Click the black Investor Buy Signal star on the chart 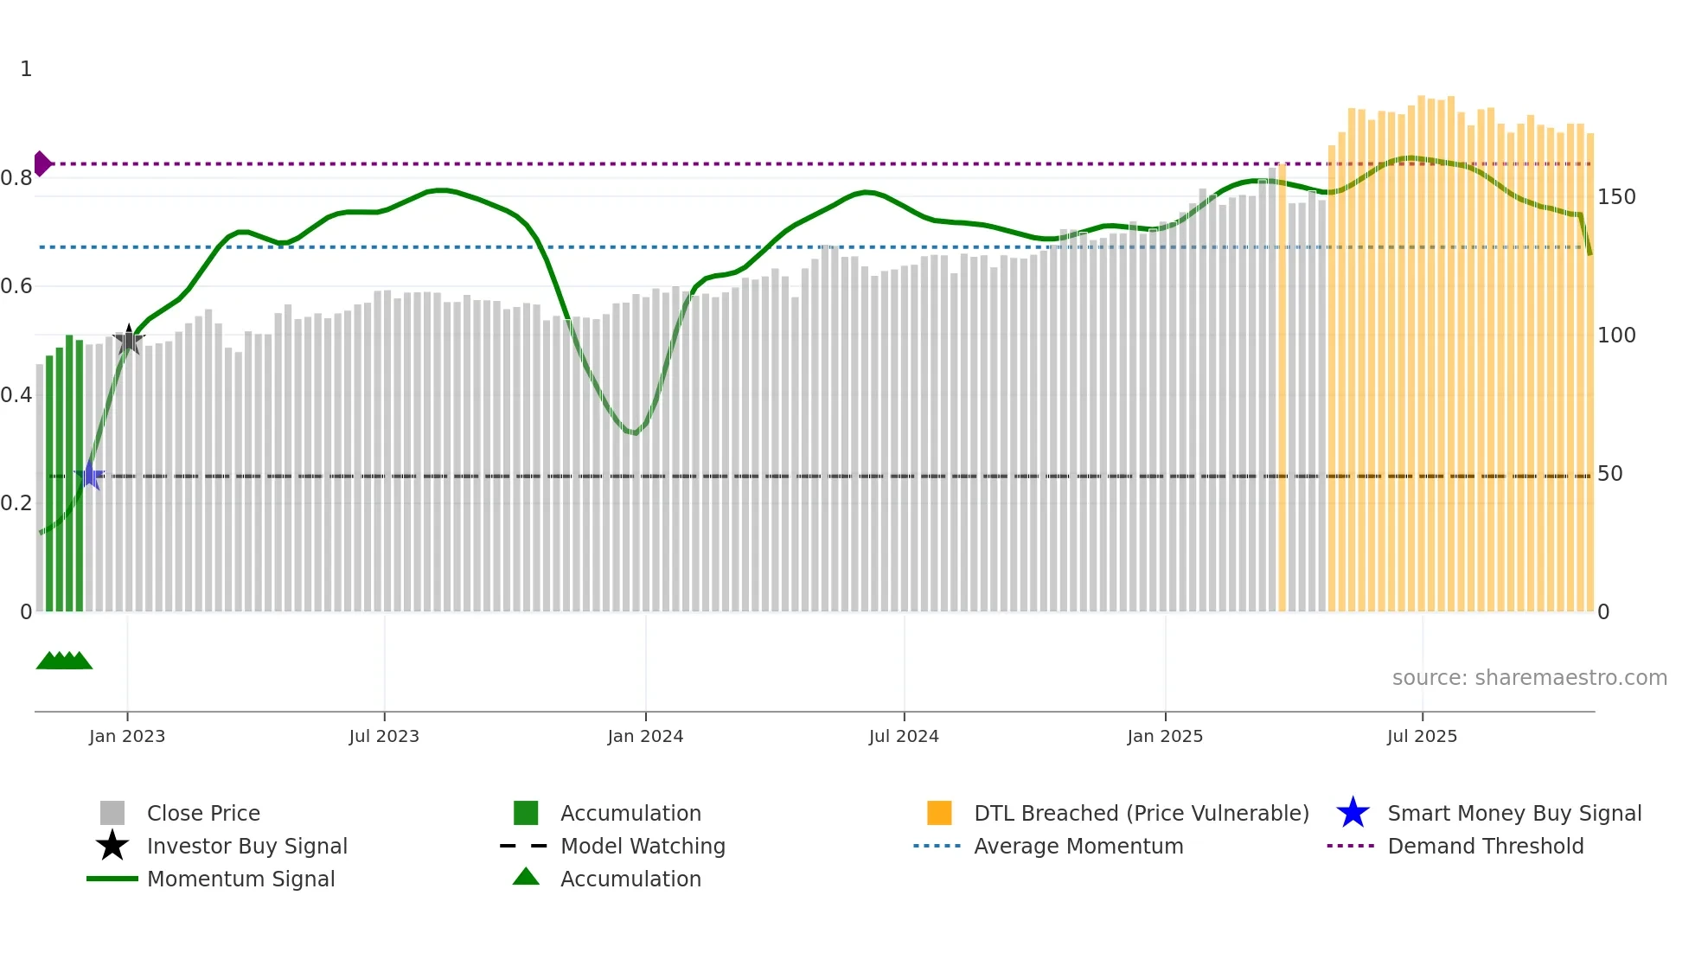(129, 340)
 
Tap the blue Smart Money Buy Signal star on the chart (90, 476)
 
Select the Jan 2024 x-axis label (645, 737)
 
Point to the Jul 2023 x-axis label (384, 737)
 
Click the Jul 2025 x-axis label (1422, 737)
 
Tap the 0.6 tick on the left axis (16, 286)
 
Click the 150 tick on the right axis (1615, 197)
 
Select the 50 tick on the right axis (1609, 474)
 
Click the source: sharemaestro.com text (1529, 678)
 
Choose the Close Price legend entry (202, 814)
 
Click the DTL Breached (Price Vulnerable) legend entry (1141, 814)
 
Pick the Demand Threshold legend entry (1485, 847)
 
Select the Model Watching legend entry (642, 847)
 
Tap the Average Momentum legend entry (1078, 847)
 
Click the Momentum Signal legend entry (240, 879)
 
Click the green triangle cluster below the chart (64, 661)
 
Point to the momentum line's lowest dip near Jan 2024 (635, 432)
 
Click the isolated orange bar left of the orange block (1282, 389)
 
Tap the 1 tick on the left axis (26, 69)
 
